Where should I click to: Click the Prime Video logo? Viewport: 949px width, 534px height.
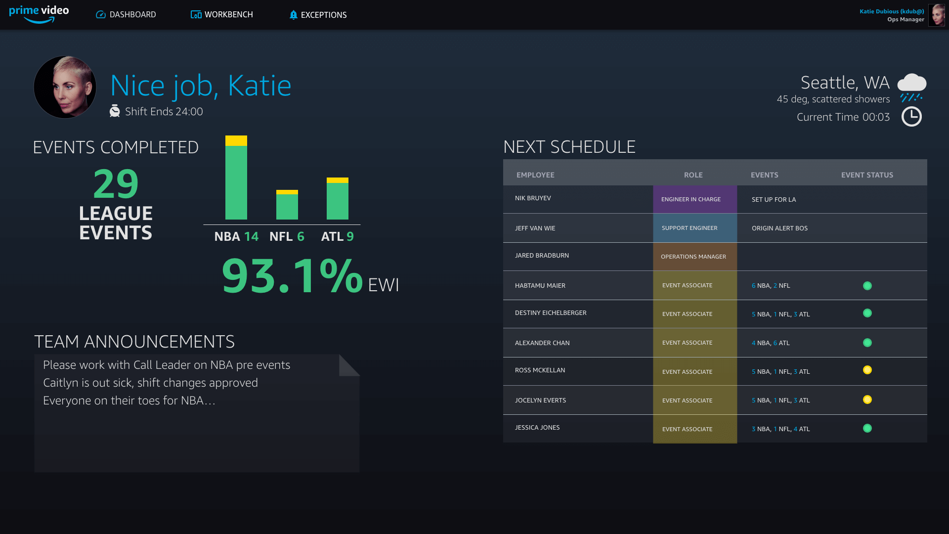coord(39,14)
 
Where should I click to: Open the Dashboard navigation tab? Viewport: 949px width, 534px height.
coord(126,15)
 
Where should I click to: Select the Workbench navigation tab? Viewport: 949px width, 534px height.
coord(222,15)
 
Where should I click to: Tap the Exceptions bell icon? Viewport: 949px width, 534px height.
coord(293,15)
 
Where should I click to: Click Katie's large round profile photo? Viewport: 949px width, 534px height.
coord(65,87)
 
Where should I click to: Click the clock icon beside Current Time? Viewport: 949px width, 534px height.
coord(911,117)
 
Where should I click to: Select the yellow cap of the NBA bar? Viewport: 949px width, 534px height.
coord(236,140)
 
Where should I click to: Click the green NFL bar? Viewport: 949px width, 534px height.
coord(287,207)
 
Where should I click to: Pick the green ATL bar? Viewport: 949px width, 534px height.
coord(338,201)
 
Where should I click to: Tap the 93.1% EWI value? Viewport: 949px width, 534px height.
coord(292,276)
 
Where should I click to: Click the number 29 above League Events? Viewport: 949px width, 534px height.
coord(116,183)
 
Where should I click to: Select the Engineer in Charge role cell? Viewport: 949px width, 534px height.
coord(694,199)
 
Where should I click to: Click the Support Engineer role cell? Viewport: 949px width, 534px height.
coord(694,228)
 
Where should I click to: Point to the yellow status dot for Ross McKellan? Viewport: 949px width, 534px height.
coord(867,370)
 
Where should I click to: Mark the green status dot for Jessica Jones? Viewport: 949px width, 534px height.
coord(867,428)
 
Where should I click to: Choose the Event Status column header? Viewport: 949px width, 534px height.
coord(867,175)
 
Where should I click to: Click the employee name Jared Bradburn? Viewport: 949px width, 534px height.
coord(542,256)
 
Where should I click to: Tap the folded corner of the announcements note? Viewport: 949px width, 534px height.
coord(348,365)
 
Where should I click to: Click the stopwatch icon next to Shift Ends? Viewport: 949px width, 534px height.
coord(115,111)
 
